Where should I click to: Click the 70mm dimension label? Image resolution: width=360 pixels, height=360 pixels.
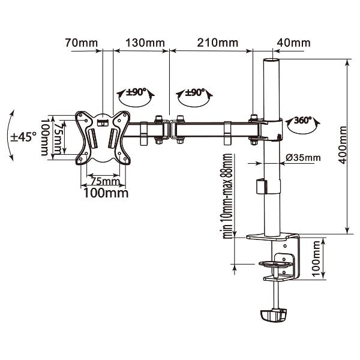(82, 43)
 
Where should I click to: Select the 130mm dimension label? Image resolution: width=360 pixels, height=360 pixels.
(145, 43)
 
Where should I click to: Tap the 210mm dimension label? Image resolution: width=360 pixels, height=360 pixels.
(218, 43)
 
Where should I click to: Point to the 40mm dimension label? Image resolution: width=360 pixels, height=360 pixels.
(293, 43)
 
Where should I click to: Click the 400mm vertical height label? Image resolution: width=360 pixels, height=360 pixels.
(343, 145)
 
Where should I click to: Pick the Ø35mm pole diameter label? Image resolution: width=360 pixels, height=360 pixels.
(303, 157)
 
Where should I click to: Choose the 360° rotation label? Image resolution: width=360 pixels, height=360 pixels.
(302, 120)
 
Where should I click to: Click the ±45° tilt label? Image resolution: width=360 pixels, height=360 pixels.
(23, 137)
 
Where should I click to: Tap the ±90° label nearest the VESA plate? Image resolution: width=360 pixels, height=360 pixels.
(136, 92)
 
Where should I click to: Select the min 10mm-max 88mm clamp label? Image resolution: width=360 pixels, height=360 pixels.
(227, 196)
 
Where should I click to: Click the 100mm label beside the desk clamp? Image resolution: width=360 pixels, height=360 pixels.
(316, 259)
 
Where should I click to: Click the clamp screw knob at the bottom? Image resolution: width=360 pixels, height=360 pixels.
(273, 315)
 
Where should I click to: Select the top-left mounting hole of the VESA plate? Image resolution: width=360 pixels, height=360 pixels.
(80, 115)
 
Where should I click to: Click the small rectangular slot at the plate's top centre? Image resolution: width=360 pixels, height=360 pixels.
(103, 123)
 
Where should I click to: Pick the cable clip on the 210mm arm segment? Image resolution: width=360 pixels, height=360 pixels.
(227, 133)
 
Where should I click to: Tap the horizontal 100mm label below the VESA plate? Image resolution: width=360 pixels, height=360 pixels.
(106, 193)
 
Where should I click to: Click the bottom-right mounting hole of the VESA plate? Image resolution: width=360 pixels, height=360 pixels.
(125, 159)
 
